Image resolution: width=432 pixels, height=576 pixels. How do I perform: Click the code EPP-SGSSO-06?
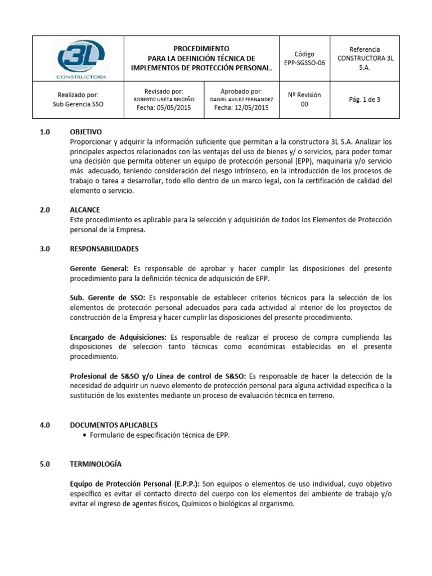(x=304, y=63)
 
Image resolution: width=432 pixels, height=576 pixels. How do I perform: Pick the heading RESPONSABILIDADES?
(x=103, y=249)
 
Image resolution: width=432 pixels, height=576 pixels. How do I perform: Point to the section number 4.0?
(x=46, y=425)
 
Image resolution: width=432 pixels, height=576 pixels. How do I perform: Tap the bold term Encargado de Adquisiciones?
(x=117, y=337)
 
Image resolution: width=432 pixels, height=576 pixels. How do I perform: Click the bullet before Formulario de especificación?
(x=84, y=435)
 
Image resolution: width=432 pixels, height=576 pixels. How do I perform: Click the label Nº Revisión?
(x=304, y=94)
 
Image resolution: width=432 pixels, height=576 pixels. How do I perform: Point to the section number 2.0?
(x=46, y=210)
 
